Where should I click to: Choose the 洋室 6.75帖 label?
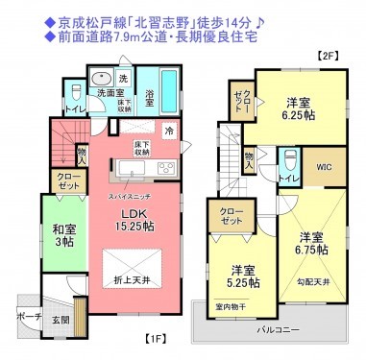(x=311, y=244)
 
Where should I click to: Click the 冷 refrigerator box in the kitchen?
(x=169, y=130)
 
